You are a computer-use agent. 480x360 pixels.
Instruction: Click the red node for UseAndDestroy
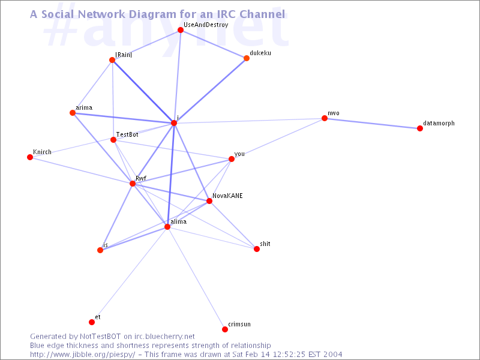click(x=181, y=30)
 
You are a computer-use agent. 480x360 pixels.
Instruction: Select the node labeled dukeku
click(x=247, y=58)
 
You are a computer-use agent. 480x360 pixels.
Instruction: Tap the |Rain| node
click(x=112, y=60)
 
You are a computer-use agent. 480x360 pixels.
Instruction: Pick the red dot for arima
click(x=73, y=113)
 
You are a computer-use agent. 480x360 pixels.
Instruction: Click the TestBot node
click(x=113, y=140)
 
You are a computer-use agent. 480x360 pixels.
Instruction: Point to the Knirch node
click(x=30, y=157)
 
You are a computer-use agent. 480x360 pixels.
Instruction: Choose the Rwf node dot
click(x=133, y=184)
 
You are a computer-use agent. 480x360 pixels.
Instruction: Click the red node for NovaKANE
click(x=209, y=201)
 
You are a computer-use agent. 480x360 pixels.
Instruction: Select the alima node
click(x=167, y=227)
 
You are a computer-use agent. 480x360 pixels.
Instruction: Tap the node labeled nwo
click(x=325, y=118)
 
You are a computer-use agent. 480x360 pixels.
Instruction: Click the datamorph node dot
click(x=420, y=128)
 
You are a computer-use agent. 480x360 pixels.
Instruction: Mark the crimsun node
click(x=225, y=329)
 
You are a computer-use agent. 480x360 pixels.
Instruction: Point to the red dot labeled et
click(x=92, y=322)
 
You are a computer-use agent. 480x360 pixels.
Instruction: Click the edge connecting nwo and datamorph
click(x=372, y=124)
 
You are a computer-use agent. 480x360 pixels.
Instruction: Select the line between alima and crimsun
click(x=196, y=278)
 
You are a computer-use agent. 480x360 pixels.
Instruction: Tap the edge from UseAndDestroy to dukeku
click(x=214, y=44)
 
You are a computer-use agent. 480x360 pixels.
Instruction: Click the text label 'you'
click(x=239, y=154)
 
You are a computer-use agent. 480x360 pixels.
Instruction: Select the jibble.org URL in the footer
click(x=82, y=355)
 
